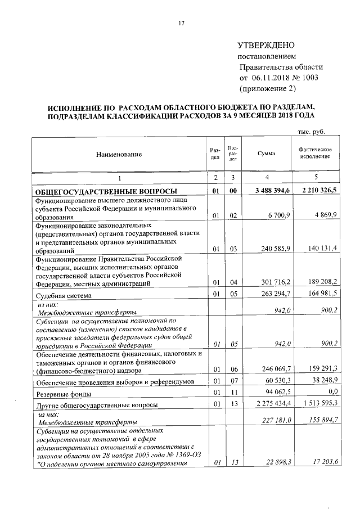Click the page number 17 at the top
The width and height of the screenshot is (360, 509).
[x=182, y=24]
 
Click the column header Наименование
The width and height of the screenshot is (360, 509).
[x=119, y=154]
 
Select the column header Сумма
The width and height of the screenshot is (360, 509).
[x=265, y=154]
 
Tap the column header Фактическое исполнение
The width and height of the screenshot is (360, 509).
[x=315, y=153]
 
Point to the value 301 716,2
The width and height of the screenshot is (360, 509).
[x=275, y=283]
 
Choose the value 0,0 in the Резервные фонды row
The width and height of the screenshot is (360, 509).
[x=331, y=392]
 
